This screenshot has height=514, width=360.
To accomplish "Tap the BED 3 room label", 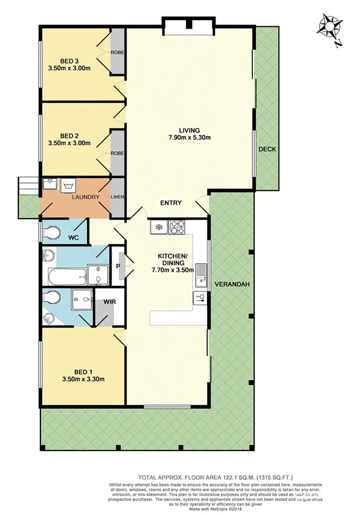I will coord(69,60).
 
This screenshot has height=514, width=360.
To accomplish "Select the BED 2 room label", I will coord(69,135).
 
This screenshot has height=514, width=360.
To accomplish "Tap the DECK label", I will coord(266,149).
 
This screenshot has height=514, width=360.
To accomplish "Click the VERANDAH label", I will coord(230,284).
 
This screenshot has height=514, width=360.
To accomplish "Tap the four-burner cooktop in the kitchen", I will coord(178,227).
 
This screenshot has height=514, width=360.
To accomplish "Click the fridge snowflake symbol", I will coord(158,228).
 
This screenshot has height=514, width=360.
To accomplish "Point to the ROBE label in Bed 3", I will coord(118,53).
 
